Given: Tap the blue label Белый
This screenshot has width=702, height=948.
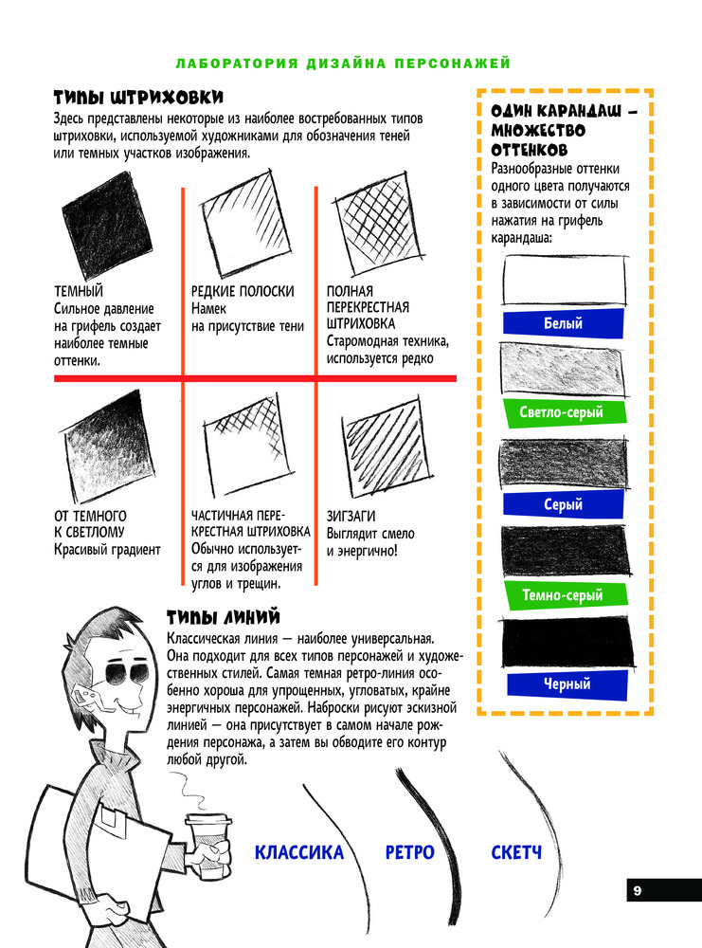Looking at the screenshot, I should pos(563,323).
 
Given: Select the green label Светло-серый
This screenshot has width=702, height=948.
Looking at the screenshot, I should pos(562,412).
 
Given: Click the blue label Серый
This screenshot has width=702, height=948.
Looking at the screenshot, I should pos(563,504).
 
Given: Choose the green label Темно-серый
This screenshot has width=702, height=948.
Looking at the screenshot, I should pos(562,595).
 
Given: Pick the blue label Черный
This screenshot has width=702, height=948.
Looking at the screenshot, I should pos(567,683).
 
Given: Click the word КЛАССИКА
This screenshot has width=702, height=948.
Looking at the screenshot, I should pos(299,853).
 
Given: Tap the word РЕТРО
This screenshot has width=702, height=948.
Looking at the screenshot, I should pos(409,853).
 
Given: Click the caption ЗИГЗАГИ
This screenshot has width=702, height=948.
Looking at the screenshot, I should pos(351,517).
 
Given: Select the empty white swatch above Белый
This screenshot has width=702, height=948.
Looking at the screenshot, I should pos(565,281).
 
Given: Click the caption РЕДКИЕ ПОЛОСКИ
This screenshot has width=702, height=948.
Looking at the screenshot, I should pos(243,292).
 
